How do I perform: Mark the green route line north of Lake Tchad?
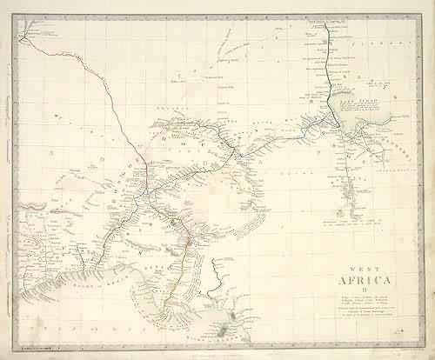(x=329, y=70)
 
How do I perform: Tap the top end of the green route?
(x=325, y=23)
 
